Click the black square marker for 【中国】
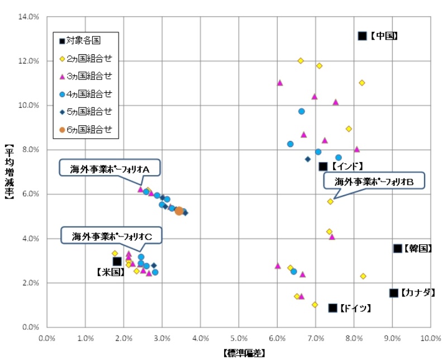click(x=362, y=36)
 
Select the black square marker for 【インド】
click(x=323, y=166)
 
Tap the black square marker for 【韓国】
click(x=397, y=248)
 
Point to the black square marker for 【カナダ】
click(x=393, y=292)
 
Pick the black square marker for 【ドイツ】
click(x=332, y=308)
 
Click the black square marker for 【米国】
click(x=117, y=261)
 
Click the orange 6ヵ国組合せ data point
click(x=179, y=211)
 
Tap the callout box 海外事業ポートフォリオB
click(x=373, y=181)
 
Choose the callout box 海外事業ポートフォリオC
click(x=112, y=236)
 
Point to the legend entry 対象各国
click(x=84, y=40)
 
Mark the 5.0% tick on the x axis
click(x=239, y=338)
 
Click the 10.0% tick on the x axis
click(x=430, y=338)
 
